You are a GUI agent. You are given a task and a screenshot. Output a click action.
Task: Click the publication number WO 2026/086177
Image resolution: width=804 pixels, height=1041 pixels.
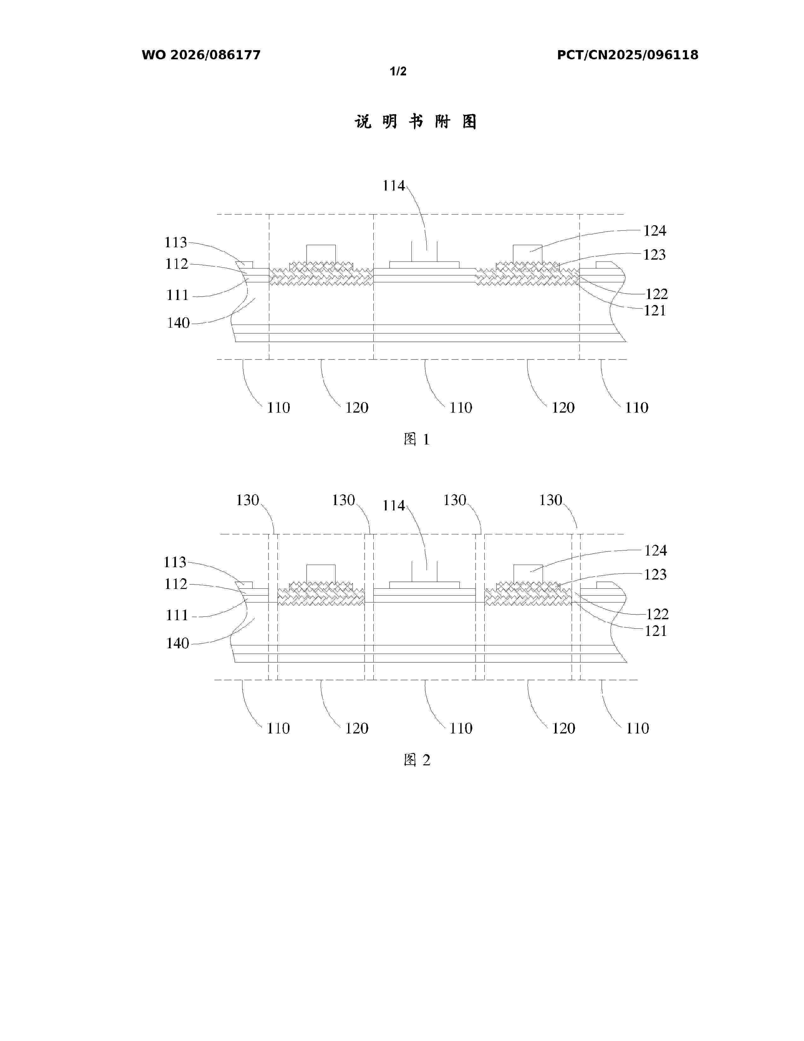(x=201, y=55)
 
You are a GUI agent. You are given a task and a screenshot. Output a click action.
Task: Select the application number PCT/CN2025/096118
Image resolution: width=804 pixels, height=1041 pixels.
(x=628, y=55)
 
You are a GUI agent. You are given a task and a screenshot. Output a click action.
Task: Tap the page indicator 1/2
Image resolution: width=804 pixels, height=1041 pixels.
(x=398, y=72)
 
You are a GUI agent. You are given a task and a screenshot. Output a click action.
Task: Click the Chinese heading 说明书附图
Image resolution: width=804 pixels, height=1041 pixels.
(x=416, y=122)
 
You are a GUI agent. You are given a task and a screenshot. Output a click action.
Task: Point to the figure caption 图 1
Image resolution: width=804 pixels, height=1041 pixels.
(x=417, y=439)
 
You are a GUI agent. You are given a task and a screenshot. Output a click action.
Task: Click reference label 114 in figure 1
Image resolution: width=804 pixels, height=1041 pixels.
(x=393, y=185)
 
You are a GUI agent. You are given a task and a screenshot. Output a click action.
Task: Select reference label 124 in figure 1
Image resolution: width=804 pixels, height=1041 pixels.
(x=655, y=231)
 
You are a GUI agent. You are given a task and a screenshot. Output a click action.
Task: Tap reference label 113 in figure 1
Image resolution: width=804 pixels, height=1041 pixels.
(x=176, y=243)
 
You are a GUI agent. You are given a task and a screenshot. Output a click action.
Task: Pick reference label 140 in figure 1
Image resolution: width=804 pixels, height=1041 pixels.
(x=178, y=323)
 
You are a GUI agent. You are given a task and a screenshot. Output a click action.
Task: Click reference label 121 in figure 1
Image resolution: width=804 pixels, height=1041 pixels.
(x=655, y=311)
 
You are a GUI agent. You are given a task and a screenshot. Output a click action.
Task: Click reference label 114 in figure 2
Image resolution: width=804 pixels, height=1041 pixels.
(x=393, y=506)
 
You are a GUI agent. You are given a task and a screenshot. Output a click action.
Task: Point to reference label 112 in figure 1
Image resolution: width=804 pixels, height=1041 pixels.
(x=177, y=264)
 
